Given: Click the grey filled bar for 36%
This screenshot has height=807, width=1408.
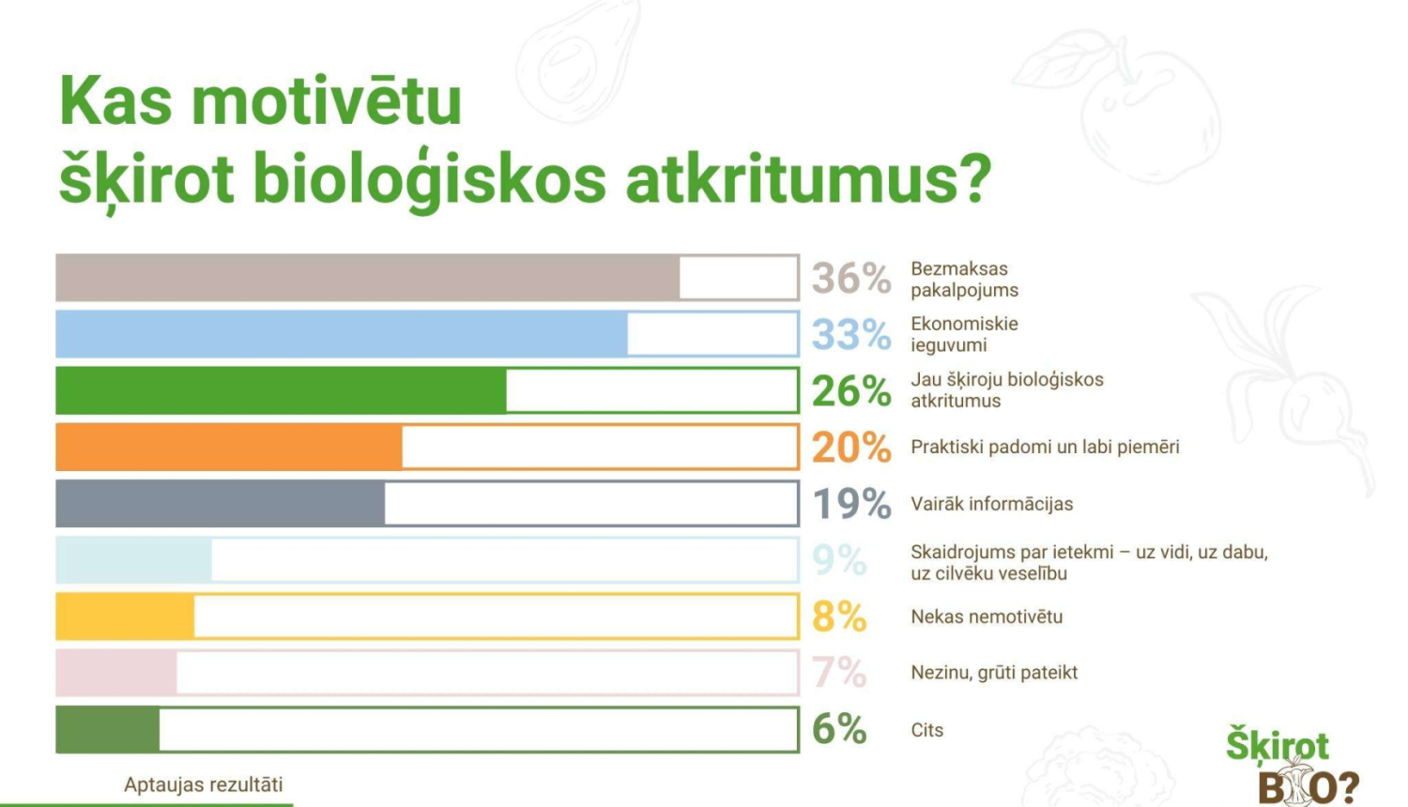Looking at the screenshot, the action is coord(368,277).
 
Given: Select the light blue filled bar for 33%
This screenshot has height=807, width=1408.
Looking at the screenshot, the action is coord(342,334).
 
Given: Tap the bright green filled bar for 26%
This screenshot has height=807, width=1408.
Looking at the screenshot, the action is coord(281,390).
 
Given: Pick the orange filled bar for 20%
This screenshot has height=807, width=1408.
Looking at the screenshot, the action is coord(229,447).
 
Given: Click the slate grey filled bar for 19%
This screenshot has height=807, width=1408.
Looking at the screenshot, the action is coord(220,503).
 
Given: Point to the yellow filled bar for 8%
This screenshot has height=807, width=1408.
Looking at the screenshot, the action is coord(125,616).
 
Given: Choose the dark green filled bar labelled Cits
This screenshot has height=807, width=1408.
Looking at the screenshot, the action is coord(108,729).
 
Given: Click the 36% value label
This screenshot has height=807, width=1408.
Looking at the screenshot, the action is coord(851,278).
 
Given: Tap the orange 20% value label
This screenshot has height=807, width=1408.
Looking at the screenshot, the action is coord(851,448).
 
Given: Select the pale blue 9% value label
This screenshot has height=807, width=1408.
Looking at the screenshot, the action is coord(839,560).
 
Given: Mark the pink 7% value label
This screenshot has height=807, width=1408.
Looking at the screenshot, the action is coord(839,673).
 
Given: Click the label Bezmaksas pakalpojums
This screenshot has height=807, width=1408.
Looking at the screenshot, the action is coord(964,279).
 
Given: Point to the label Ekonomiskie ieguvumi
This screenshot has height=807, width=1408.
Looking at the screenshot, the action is coord(964,334).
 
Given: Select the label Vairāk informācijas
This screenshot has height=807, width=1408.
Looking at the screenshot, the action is coord(992,504).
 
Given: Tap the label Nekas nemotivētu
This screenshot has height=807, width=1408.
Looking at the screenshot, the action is coord(987,617).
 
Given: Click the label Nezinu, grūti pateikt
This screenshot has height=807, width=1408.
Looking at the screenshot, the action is coord(994,673).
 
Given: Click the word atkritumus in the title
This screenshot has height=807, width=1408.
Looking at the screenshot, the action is coord(808,180).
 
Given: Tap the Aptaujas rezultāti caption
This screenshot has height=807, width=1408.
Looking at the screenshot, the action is coord(204,784).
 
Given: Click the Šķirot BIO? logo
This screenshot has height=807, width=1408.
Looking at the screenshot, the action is coord(1292,765).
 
